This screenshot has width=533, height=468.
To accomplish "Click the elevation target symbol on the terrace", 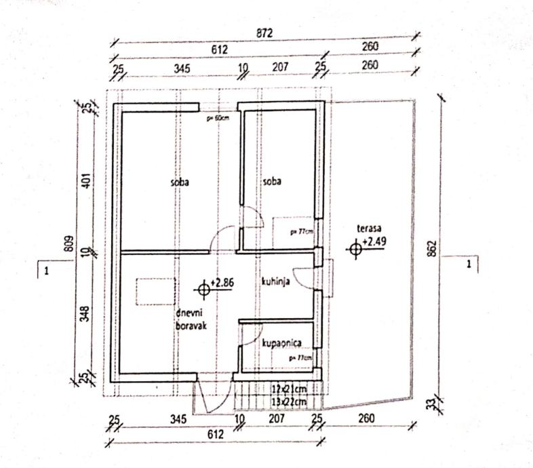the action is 353,250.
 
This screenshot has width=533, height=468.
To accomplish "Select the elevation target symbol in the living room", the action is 202,290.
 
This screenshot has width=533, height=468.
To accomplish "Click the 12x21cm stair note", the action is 289,389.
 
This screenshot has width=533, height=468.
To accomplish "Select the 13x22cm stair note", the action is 289,401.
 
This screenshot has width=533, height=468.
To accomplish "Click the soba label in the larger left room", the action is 180,182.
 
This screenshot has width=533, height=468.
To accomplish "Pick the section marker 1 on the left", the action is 46,271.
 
